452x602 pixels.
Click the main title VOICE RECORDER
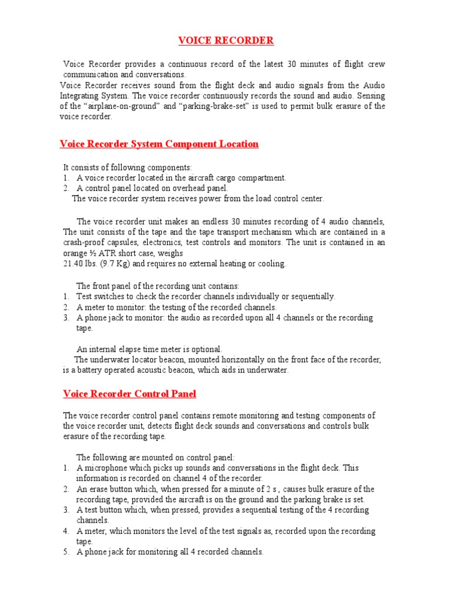tap(226, 41)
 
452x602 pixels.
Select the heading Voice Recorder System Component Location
tap(159, 144)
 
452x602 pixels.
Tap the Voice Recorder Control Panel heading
tap(129, 394)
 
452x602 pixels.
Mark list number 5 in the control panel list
tap(67, 552)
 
